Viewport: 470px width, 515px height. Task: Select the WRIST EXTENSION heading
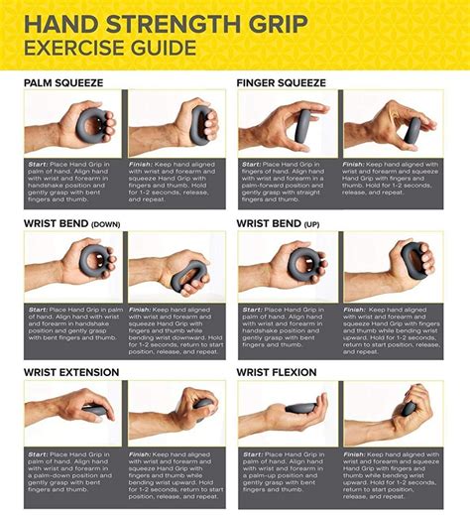pos(71,372)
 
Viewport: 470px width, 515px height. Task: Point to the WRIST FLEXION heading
pos(277,372)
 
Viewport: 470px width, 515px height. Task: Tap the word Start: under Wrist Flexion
pos(252,453)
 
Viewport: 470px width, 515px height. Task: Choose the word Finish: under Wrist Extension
pos(142,453)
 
